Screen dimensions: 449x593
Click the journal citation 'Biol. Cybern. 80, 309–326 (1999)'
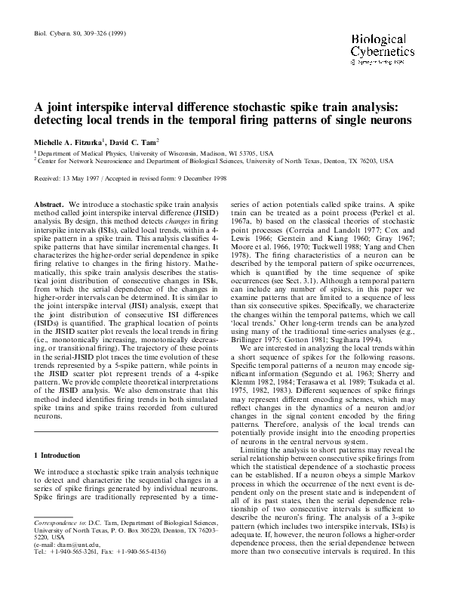click(x=76, y=34)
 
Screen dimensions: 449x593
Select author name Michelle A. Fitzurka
click(x=68, y=142)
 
